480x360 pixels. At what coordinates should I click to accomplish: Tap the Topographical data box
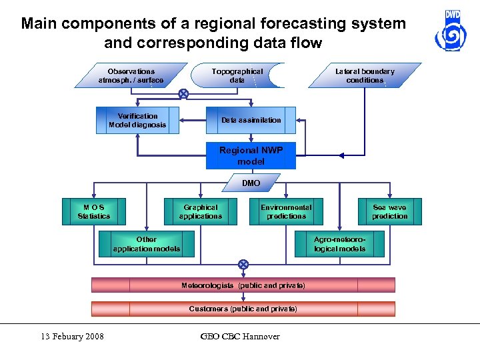237,75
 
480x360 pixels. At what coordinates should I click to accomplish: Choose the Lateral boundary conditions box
365,75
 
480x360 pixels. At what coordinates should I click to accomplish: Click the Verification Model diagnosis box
137,120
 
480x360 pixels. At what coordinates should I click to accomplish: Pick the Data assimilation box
251,120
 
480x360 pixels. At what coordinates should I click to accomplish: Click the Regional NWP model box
251,156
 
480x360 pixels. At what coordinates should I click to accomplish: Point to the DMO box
251,183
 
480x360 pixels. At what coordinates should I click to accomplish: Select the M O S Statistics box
94,211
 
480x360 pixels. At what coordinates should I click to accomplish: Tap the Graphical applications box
200,211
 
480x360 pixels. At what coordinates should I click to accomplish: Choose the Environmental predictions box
286,211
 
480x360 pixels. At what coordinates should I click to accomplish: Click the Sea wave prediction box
389,211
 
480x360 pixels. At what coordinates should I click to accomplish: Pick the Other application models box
147,244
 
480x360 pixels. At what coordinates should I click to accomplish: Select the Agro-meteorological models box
340,244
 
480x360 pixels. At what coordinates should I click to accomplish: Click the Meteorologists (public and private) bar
243,285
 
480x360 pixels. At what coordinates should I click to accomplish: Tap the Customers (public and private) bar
243,309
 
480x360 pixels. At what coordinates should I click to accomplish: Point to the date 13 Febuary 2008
71,336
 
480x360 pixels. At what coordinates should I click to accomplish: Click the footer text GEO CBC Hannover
240,336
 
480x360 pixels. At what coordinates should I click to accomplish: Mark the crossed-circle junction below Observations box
183,94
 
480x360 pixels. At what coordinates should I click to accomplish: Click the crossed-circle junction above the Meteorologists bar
243,265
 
